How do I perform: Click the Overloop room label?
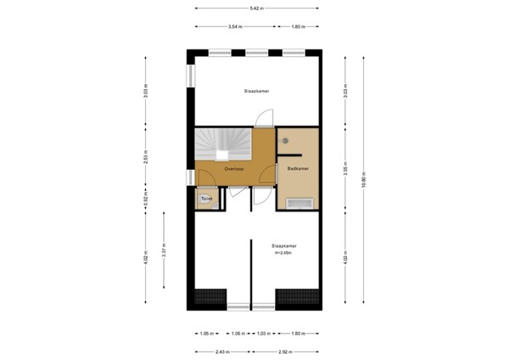[x=235, y=170]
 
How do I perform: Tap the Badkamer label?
[x=297, y=169]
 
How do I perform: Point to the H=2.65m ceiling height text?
[x=283, y=254]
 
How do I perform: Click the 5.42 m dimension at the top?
[x=256, y=8]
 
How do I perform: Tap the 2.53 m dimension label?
[x=146, y=157]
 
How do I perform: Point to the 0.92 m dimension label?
[x=146, y=202]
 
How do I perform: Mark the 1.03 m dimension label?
[x=262, y=333]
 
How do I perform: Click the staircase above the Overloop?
[x=222, y=144]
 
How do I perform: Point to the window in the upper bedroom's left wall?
[x=191, y=74]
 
